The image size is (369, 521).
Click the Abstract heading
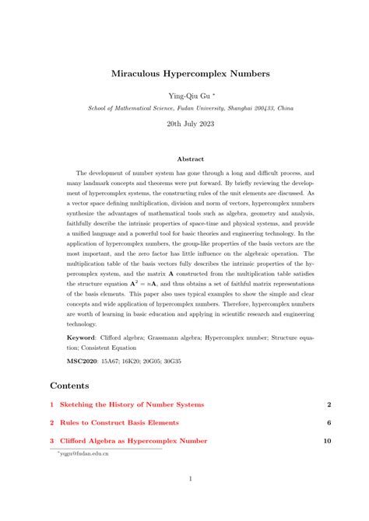tap(184, 158)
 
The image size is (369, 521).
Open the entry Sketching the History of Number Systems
tap(132, 404)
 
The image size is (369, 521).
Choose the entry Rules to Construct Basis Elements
tap(119, 422)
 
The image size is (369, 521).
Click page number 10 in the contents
tap(328, 440)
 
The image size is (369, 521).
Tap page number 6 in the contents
tap(329, 422)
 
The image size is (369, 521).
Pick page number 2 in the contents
tap(329, 404)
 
